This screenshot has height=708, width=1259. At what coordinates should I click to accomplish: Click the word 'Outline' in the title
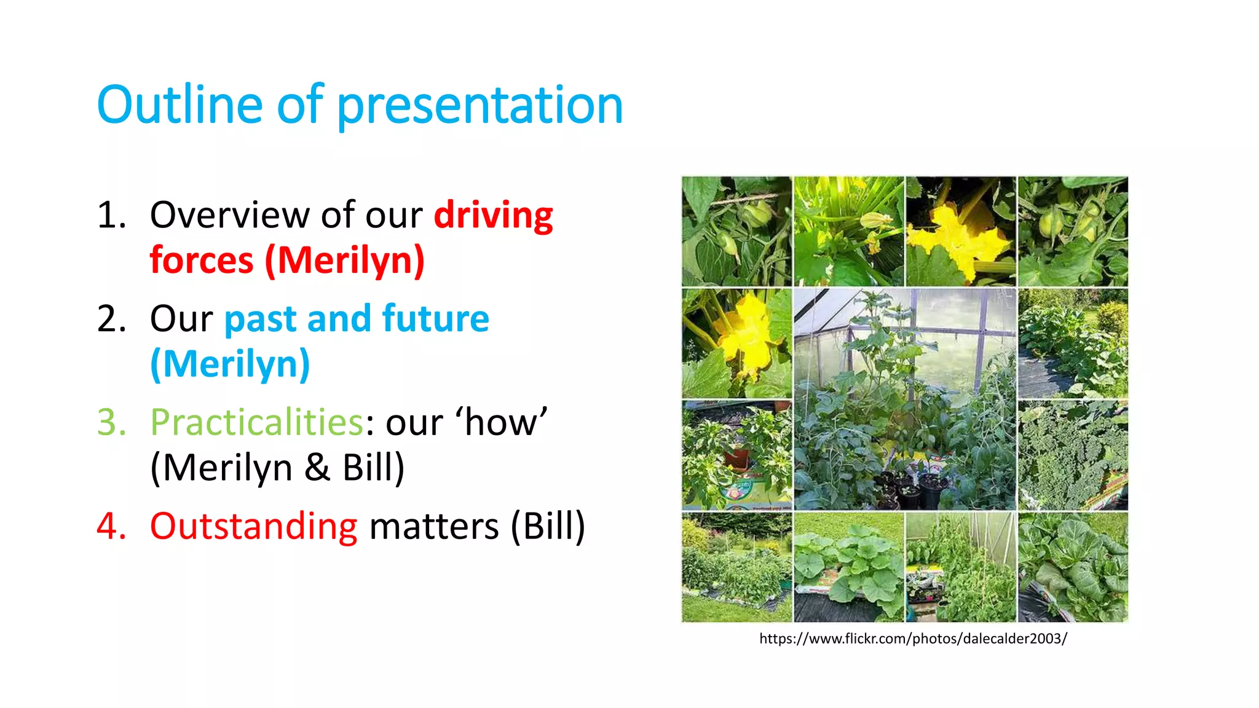(x=179, y=105)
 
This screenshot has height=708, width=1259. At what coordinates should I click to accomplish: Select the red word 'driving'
(x=493, y=215)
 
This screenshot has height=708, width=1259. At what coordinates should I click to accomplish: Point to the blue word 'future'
(x=435, y=319)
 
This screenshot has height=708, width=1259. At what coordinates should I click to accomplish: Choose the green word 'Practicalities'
(x=257, y=423)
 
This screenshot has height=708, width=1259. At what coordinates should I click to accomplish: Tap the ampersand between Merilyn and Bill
(x=317, y=468)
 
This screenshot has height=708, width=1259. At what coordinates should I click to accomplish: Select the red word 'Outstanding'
(x=253, y=527)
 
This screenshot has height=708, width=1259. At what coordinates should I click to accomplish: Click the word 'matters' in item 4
(x=433, y=527)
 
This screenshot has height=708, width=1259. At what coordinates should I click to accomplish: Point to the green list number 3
(x=111, y=423)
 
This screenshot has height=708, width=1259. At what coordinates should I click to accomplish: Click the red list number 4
(x=111, y=527)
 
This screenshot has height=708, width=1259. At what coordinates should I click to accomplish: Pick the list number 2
(x=111, y=319)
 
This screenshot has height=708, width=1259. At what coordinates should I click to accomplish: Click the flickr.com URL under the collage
(x=913, y=639)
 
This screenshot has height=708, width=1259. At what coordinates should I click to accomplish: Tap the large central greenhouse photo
(x=904, y=399)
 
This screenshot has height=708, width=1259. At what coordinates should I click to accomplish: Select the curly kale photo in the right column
(x=1073, y=455)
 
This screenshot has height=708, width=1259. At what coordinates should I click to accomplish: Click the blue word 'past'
(x=261, y=319)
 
